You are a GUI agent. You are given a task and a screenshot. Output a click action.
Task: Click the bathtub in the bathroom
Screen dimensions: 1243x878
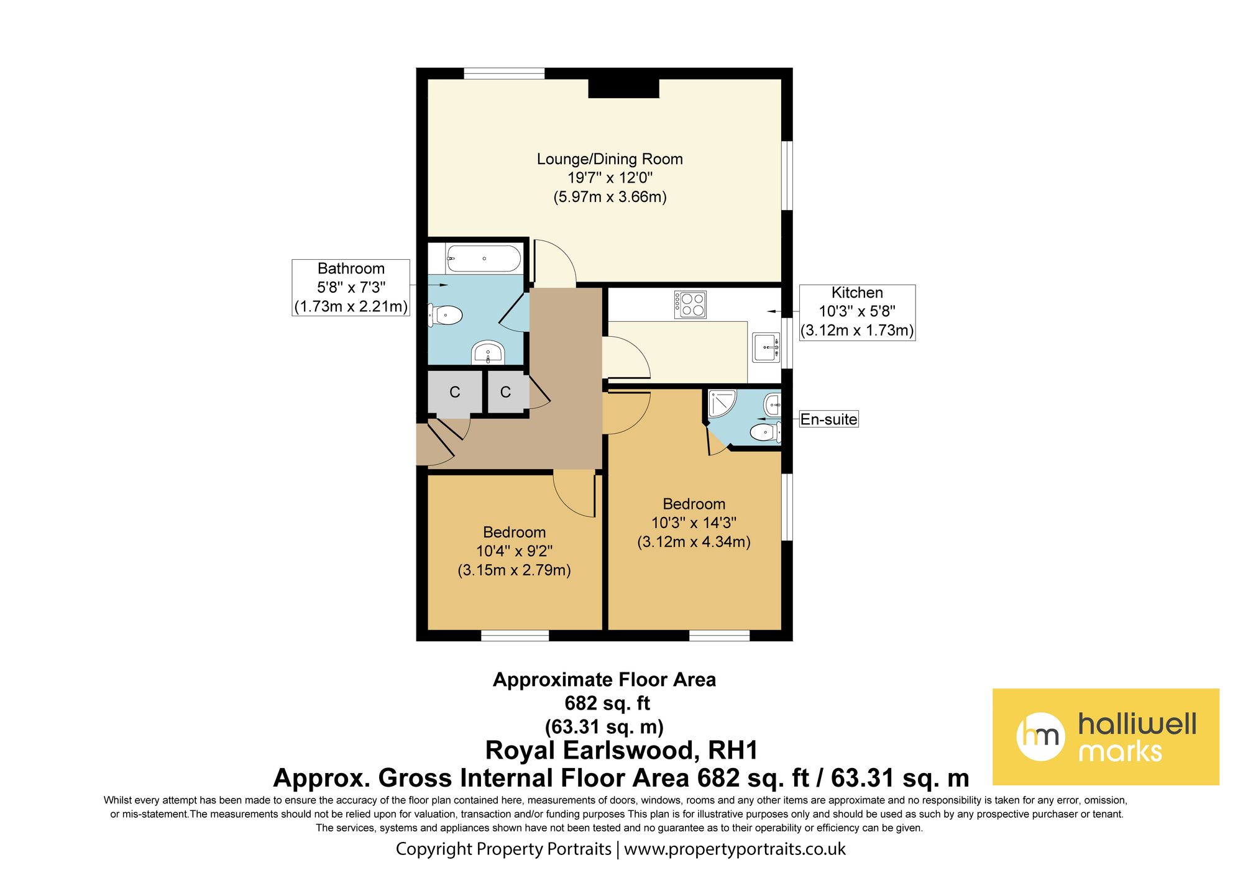coord(484,258)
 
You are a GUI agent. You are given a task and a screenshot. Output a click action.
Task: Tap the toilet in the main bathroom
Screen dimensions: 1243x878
coord(445,316)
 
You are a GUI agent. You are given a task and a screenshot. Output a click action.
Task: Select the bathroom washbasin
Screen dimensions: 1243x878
coord(488,352)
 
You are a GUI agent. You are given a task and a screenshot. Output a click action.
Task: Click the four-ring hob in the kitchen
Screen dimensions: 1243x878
coord(690,304)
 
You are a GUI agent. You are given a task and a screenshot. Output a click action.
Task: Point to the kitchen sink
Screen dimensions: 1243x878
coord(766,347)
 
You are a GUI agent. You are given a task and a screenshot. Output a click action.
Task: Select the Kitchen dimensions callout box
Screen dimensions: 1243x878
coord(857,312)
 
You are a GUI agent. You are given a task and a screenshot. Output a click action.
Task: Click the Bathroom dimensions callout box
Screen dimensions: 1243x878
coord(351,288)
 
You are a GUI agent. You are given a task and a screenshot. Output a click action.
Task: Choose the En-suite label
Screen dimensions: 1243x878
coord(828,419)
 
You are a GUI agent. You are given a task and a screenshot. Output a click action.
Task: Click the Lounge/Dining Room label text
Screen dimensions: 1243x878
coord(610,159)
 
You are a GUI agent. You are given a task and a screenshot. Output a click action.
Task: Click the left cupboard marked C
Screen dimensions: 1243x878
coord(455,392)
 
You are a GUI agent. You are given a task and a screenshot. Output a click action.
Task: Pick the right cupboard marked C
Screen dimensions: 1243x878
coord(506,392)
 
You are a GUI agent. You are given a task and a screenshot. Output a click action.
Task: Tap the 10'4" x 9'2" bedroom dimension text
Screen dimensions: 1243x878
coord(515,551)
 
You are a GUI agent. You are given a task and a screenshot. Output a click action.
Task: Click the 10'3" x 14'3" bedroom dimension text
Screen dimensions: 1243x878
coord(694,523)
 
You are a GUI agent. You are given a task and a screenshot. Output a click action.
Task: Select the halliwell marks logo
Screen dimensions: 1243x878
coord(1106,736)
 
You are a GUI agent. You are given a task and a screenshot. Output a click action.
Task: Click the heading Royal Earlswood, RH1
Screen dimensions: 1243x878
coord(621,750)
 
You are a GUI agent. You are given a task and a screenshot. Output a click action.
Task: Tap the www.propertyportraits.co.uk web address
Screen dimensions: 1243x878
coord(735,849)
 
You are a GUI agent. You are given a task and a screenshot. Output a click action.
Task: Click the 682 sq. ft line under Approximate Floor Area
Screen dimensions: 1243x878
coord(607,703)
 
